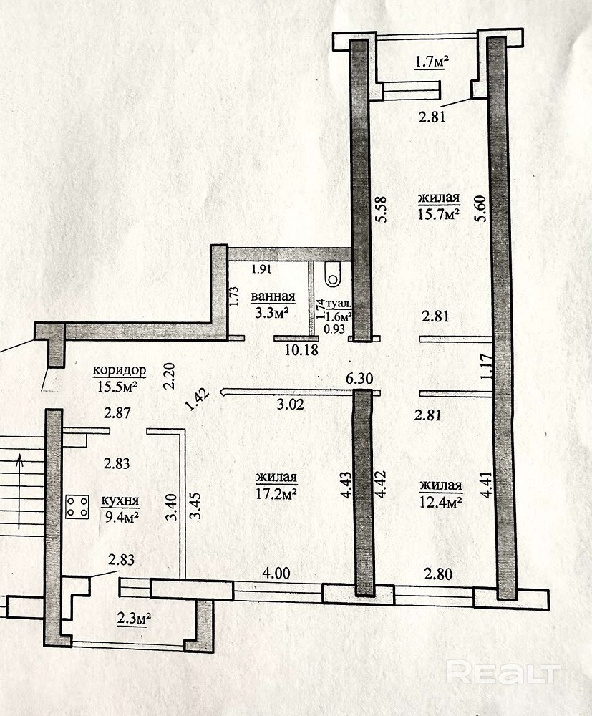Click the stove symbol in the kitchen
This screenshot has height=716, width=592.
tap(77, 507)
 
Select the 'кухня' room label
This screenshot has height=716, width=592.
tap(120, 500)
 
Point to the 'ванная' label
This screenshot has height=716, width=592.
tap(273, 296)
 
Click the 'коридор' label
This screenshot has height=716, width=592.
tap(119, 370)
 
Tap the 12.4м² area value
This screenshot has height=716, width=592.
tap(441, 503)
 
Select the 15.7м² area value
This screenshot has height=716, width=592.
tap(439, 213)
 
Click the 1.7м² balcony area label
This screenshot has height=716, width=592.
tap(432, 61)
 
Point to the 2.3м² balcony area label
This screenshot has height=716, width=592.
tap(134, 619)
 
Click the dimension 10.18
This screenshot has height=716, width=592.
tap(301, 351)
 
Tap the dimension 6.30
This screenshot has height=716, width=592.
tap(359, 378)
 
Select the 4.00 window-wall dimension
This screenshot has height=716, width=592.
tap(276, 573)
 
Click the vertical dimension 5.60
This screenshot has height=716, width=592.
tap(480, 208)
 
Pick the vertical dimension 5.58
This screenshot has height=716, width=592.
tap(380, 209)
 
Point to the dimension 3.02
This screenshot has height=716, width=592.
tap(291, 404)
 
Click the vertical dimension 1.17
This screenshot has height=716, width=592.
tap(487, 367)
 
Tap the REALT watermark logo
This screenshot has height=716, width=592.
tap(503, 672)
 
